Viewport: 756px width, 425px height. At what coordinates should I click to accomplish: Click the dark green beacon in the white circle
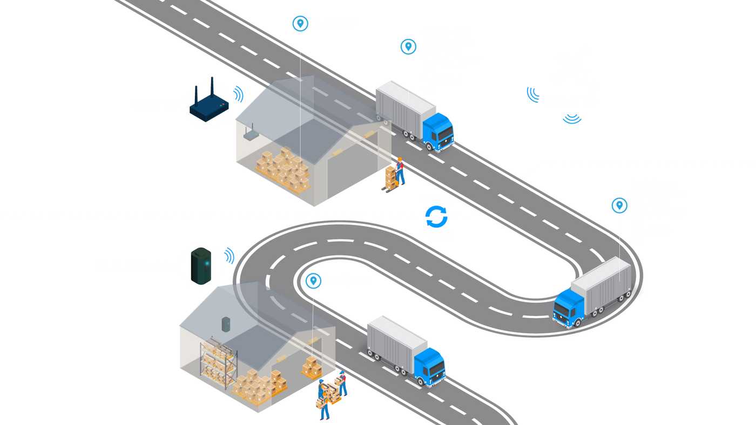pos(201,265)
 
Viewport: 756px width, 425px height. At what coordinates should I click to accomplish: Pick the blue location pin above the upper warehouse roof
pos(299,23)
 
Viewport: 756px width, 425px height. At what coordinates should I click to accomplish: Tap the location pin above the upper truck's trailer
pos(408,46)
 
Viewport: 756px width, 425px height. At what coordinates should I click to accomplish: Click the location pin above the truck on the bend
pos(619,205)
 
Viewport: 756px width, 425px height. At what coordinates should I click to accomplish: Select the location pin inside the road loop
pos(312,281)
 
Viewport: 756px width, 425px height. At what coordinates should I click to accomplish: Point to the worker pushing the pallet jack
pos(400,172)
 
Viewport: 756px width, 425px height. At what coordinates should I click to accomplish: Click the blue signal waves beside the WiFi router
pos(238,93)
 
